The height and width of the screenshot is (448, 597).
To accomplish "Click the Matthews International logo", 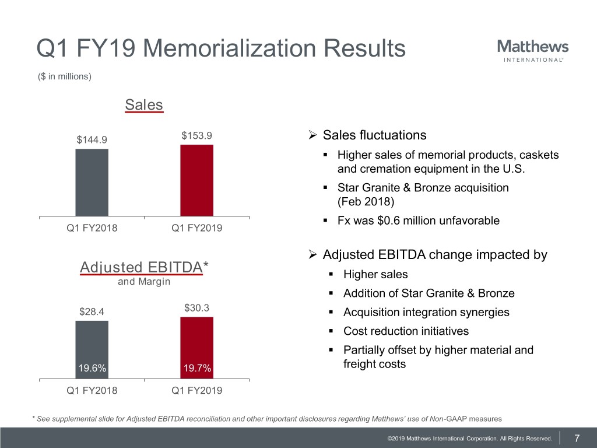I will tap(533, 50).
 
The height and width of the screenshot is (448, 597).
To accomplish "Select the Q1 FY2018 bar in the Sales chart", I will tap(92, 183).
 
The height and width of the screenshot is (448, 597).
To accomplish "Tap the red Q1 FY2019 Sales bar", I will tap(196, 180).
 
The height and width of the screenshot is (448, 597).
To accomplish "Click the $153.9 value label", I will tap(196, 135).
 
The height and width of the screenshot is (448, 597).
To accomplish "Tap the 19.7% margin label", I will tap(197, 368).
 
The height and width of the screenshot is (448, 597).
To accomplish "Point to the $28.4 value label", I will tap(92, 311).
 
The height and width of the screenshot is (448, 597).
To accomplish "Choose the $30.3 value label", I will tap(196, 307).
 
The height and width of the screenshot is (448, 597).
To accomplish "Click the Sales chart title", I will tap(144, 105).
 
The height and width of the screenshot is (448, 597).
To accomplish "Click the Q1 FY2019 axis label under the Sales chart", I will tap(196, 228).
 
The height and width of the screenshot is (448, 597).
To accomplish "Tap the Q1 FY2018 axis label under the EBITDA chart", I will tap(92, 390).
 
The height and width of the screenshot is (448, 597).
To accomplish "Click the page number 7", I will tap(577, 438).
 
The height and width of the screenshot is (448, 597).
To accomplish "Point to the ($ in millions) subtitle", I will tap(64, 76).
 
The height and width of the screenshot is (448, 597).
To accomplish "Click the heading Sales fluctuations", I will tap(374, 135).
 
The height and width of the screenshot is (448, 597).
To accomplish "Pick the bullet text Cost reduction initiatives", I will tap(406, 331).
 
